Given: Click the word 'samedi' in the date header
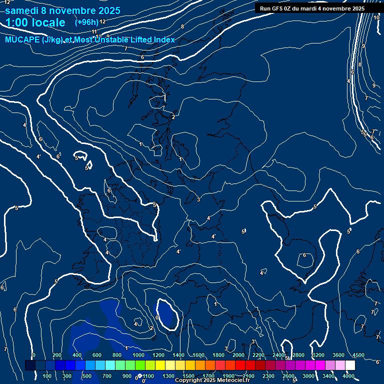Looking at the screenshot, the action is (x=25, y=10).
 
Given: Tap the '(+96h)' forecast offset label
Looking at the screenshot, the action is (x=86, y=22).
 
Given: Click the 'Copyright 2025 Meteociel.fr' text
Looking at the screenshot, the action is (x=212, y=380).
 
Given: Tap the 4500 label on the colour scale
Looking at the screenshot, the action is (x=358, y=355).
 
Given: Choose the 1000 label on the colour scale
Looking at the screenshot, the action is (x=138, y=355).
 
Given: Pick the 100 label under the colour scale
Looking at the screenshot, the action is (x=47, y=376).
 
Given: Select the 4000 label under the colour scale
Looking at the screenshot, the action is (x=348, y=376).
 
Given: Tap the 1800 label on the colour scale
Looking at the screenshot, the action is (x=218, y=355).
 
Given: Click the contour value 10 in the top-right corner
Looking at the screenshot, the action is (x=376, y=17).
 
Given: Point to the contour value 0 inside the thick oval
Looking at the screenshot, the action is (x=157, y=317).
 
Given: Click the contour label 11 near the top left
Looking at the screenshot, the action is (x=94, y=32).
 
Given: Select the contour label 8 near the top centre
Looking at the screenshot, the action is (x=182, y=26).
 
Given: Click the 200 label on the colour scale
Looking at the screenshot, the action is (x=57, y=355).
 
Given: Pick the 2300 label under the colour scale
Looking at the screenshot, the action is (x=268, y=376).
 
